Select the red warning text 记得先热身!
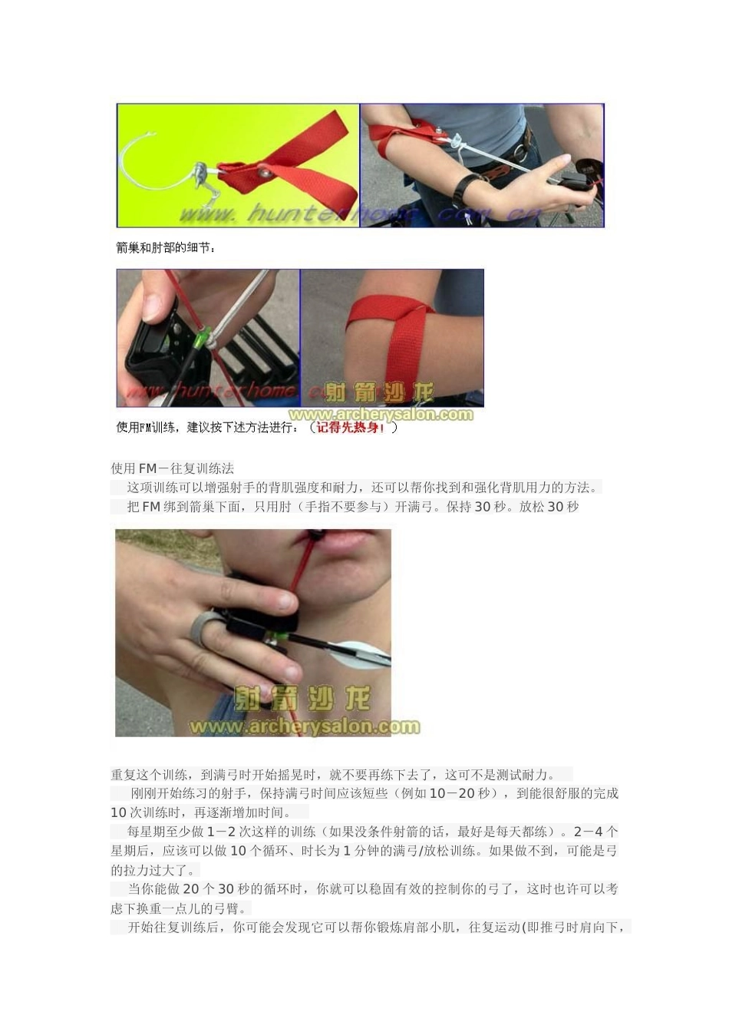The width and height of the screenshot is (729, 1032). coord(351,427)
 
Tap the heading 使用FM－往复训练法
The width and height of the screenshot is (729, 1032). coord(173,468)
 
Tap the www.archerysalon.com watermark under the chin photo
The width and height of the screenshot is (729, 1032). coord(305,726)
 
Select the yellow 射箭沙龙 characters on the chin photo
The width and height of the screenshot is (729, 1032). coord(303,700)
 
